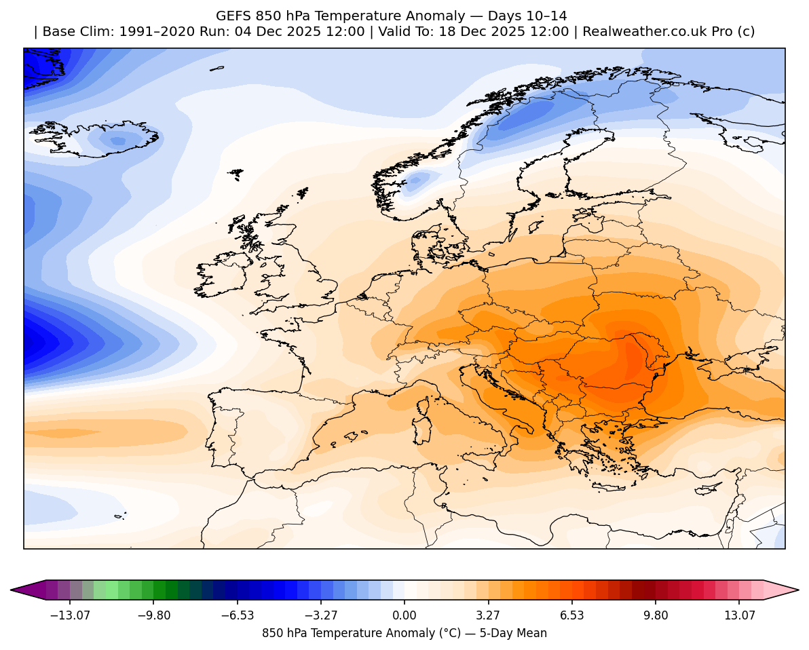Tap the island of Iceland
102,139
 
